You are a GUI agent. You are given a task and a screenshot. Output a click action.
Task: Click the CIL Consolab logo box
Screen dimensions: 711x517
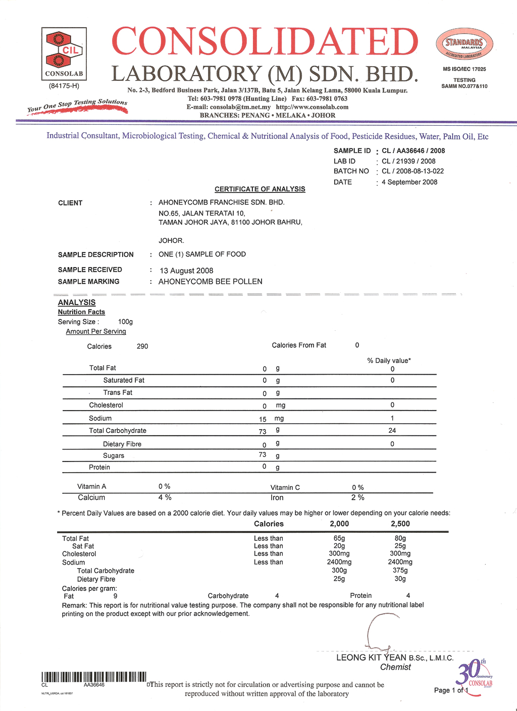click(64, 54)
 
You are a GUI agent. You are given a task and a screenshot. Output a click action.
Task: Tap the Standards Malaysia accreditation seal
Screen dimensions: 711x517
click(464, 44)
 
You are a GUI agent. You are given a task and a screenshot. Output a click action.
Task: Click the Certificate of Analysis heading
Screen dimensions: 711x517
click(260, 189)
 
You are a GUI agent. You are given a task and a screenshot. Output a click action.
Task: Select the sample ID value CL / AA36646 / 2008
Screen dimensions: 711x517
click(413, 150)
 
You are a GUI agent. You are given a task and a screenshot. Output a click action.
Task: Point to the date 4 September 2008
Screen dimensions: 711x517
click(409, 182)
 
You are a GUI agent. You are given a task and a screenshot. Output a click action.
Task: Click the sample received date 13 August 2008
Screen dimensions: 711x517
click(186, 271)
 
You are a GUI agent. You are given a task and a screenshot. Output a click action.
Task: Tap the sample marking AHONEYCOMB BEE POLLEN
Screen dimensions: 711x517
click(210, 282)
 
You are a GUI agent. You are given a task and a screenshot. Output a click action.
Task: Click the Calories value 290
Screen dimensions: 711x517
click(142, 346)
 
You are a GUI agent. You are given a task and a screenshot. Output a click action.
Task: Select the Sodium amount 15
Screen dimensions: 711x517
click(263, 419)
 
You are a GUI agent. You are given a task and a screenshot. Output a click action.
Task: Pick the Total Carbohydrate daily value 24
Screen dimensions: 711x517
click(392, 431)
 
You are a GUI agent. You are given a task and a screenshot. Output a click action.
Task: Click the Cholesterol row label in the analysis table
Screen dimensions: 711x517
click(106, 405)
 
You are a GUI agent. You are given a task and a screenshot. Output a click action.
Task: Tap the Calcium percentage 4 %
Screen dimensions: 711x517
click(165, 498)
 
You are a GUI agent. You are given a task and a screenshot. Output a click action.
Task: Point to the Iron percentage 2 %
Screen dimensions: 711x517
click(357, 498)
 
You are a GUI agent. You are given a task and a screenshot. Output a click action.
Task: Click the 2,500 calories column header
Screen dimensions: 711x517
click(400, 524)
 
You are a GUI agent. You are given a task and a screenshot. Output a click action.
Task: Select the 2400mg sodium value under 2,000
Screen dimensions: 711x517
click(339, 562)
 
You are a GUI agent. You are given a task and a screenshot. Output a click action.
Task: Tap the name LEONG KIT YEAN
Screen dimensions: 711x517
click(371, 657)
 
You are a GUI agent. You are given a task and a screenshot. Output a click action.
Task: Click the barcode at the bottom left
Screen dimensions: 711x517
click(94, 677)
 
